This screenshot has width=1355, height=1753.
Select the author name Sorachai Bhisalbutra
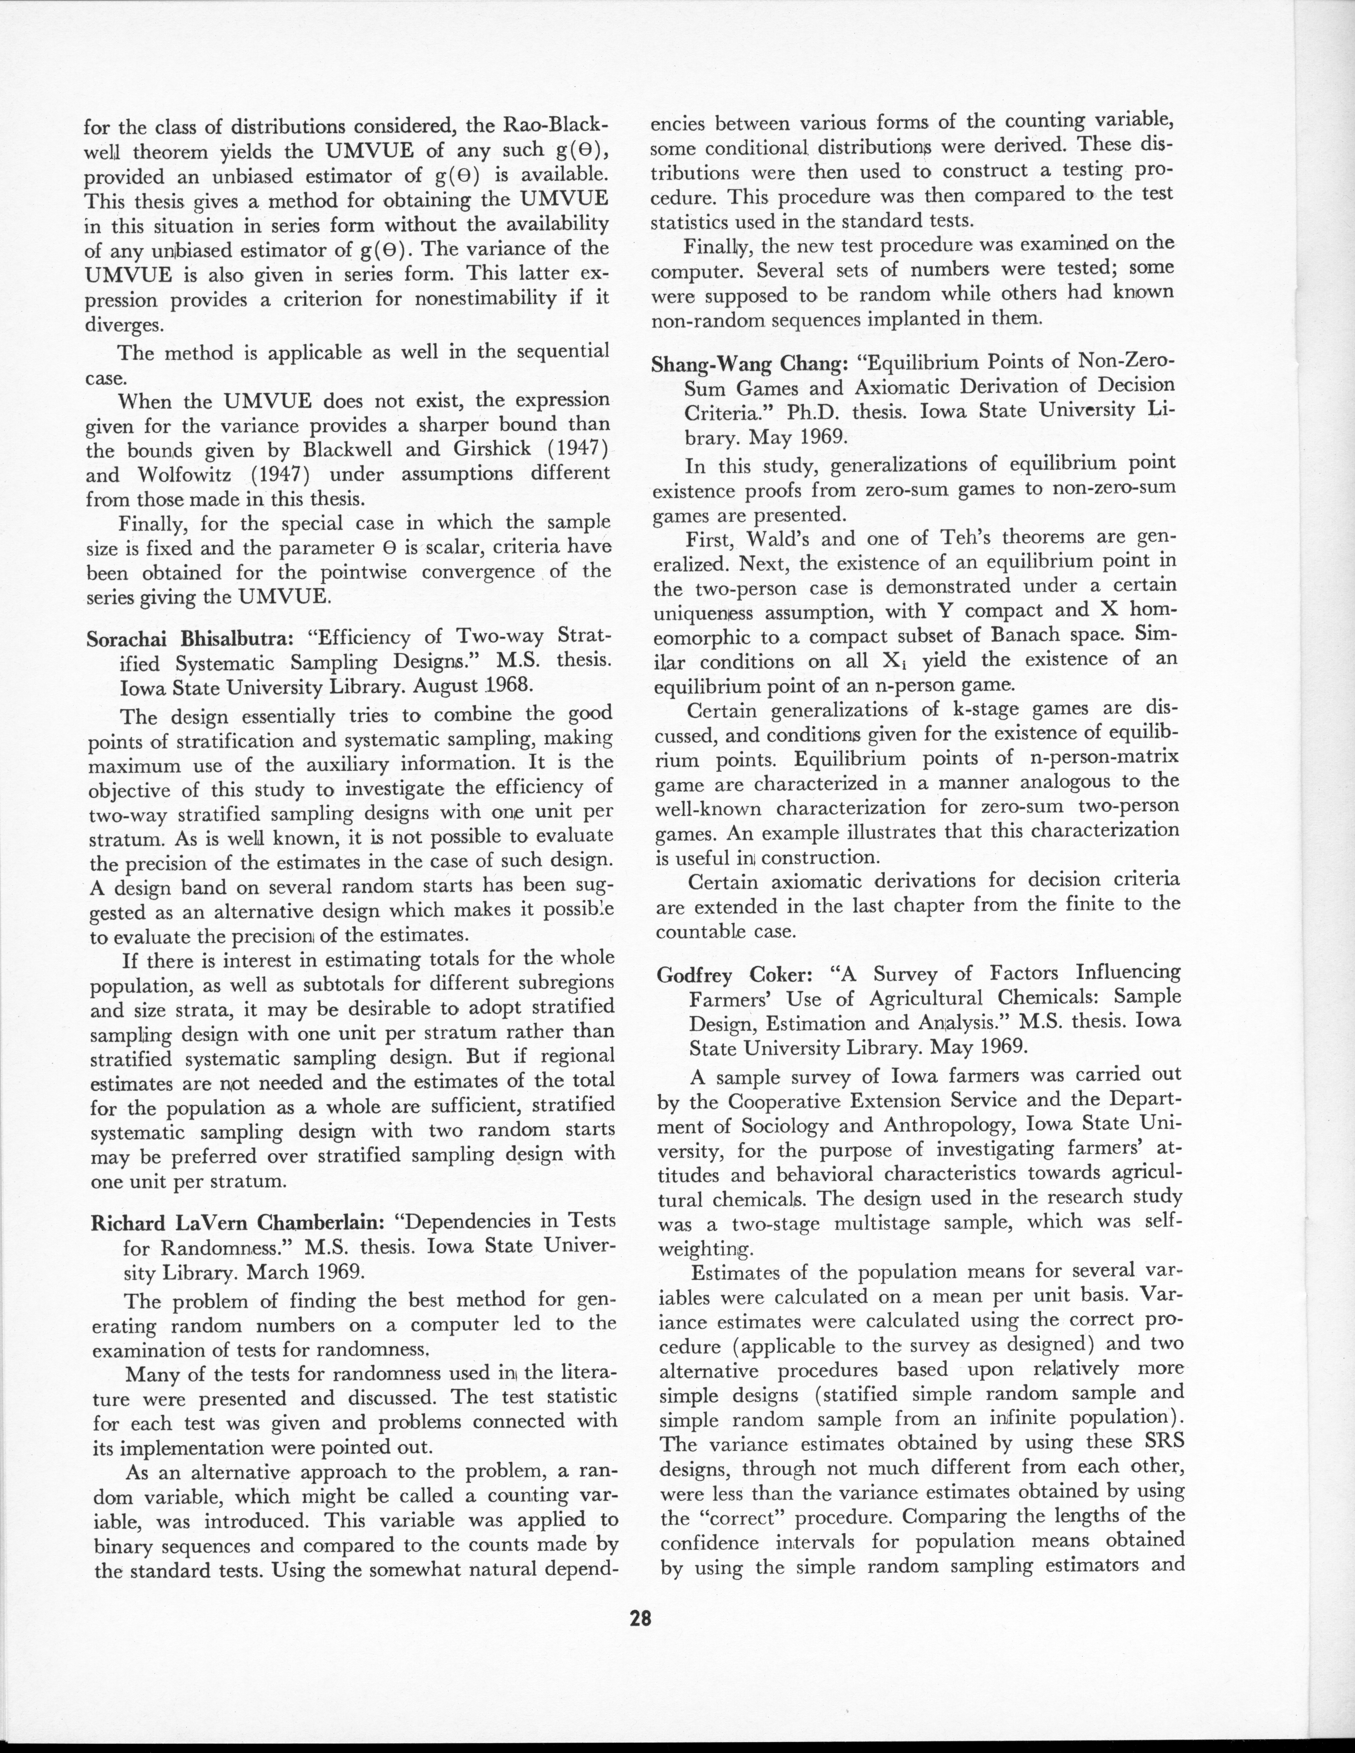click(x=192, y=639)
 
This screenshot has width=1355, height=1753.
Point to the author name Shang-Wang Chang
click(x=749, y=364)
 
